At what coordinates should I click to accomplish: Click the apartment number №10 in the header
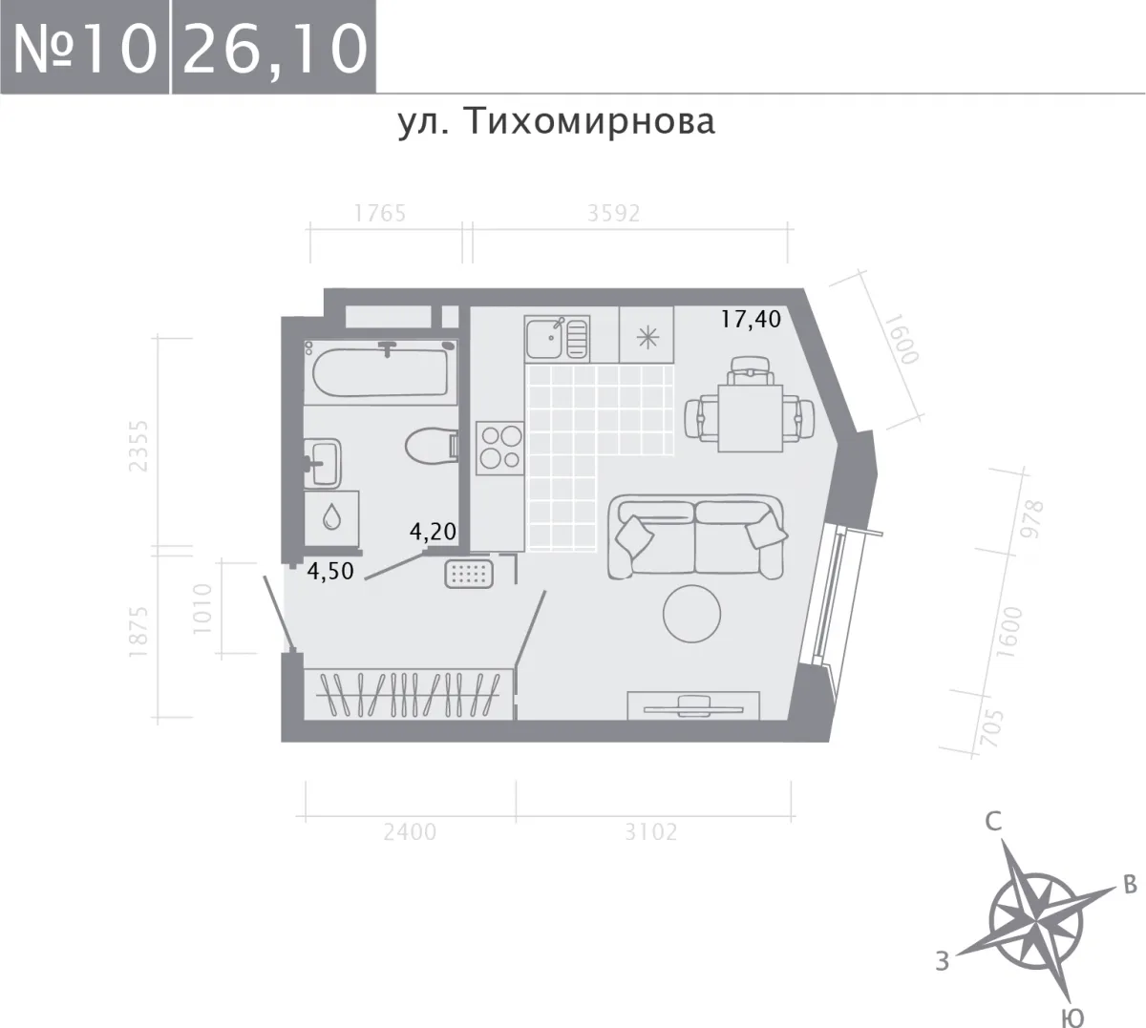[x=84, y=48]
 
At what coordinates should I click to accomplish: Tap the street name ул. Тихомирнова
[x=557, y=122]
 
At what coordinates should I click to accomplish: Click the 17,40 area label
[x=750, y=320]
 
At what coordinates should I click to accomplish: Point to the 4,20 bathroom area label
[x=433, y=532]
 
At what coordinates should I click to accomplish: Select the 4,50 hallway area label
[x=330, y=571]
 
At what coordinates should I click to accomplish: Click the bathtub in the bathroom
[x=380, y=370]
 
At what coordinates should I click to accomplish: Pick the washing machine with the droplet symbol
[x=331, y=518]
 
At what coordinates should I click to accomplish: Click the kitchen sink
[x=557, y=339]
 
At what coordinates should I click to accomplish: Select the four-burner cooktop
[x=500, y=448]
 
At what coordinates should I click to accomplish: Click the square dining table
[x=750, y=418]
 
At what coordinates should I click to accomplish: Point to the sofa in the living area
[x=697, y=537]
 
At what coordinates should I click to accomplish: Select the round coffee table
[x=691, y=614]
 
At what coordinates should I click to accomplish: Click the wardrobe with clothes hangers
[x=409, y=694]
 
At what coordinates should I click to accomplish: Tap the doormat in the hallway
[x=468, y=575]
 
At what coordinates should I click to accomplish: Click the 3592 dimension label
[x=614, y=214]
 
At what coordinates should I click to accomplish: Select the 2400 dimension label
[x=410, y=832]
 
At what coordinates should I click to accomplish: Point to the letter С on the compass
[x=993, y=822]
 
